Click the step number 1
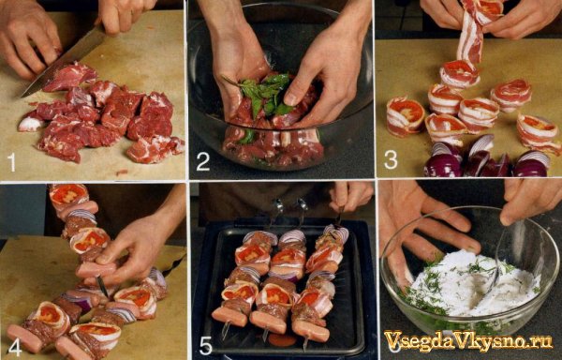click(x=11, y=163)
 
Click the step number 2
click(x=203, y=162)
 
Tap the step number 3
click(x=391, y=160)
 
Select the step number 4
click(x=14, y=347)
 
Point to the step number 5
click(x=206, y=346)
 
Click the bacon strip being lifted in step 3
click(x=472, y=31)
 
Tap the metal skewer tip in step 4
click(x=102, y=286)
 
